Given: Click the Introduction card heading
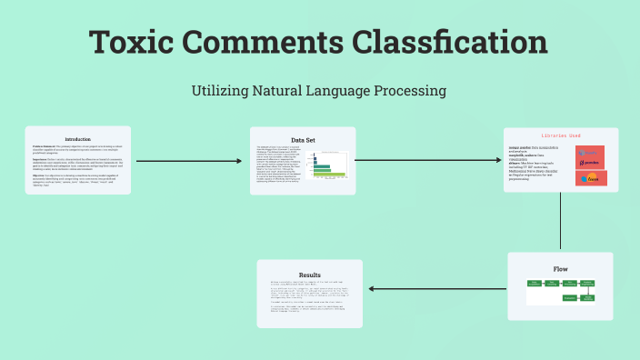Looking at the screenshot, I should (78, 138).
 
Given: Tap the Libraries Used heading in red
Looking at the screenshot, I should (560, 135).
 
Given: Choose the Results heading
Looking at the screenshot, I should (310, 274).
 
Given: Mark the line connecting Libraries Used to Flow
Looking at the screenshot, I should (561, 222).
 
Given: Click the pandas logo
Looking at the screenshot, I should (590, 156).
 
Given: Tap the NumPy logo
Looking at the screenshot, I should (590, 177).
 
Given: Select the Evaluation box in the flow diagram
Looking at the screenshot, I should (570, 297).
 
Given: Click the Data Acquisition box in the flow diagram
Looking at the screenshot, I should (535, 285).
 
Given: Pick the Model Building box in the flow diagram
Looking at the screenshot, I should (587, 297).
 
